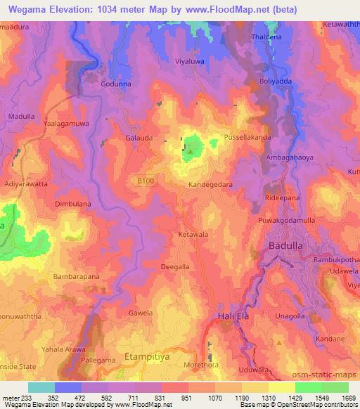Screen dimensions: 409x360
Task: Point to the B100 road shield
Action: click(145, 181)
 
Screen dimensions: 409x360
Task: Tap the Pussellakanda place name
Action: click(247, 138)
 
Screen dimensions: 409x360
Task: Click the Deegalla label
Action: click(175, 267)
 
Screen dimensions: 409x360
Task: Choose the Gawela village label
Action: click(140, 312)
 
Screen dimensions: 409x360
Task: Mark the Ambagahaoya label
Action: click(290, 158)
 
